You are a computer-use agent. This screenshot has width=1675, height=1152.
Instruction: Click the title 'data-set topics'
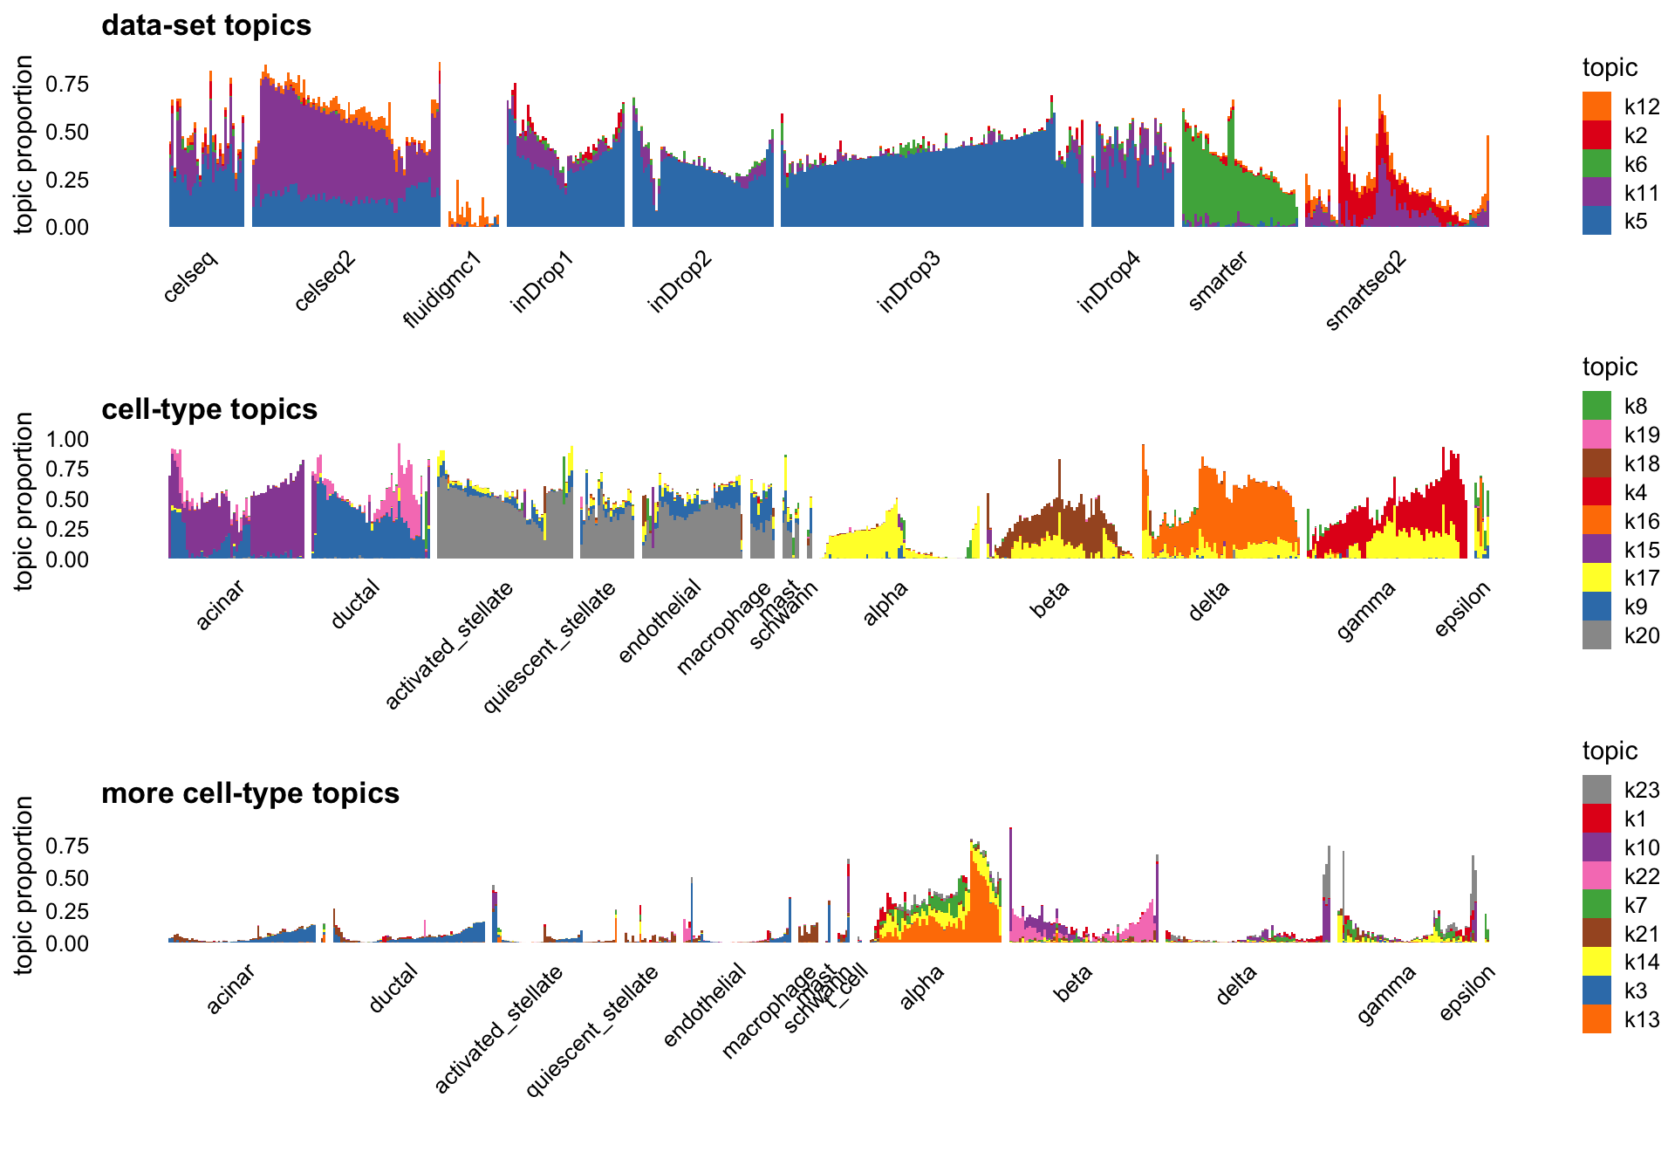[x=206, y=25]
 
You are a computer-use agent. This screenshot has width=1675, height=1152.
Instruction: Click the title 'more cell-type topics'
[x=250, y=793]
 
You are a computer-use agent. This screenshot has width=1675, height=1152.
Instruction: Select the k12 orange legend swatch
[x=1596, y=106]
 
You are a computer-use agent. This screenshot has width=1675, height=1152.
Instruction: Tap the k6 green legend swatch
[x=1596, y=164]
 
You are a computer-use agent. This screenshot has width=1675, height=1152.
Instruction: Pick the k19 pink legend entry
[x=1596, y=435]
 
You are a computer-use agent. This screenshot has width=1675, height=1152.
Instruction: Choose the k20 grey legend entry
[x=1596, y=635]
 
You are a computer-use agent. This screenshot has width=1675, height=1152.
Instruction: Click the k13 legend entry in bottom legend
[x=1596, y=1019]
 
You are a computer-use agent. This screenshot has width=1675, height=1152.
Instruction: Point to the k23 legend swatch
[x=1596, y=790]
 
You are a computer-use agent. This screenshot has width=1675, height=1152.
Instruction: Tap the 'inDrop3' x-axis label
[x=909, y=282]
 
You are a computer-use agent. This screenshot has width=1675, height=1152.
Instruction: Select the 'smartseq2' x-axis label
[x=1365, y=291]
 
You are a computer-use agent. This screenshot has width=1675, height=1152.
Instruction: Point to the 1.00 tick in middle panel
[x=67, y=439]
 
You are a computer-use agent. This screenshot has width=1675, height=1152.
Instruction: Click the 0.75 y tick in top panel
[x=67, y=84]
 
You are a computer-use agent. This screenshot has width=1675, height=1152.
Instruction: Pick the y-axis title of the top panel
[x=24, y=145]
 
